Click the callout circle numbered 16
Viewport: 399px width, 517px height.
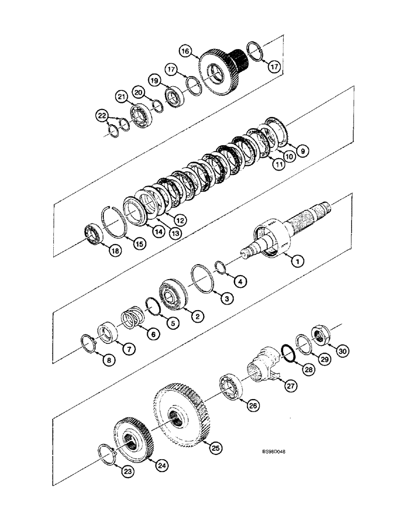(186, 51)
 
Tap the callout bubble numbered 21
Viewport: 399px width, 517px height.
(121, 97)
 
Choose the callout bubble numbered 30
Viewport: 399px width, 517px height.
(343, 351)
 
